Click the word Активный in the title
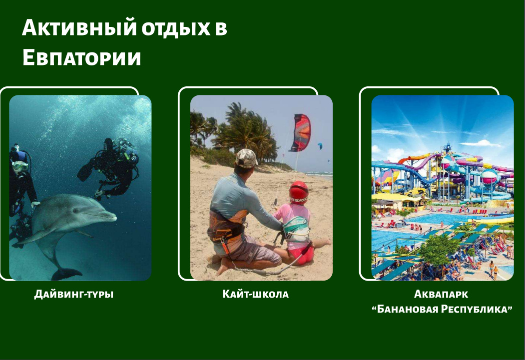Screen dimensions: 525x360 79,27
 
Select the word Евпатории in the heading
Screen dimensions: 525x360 82,57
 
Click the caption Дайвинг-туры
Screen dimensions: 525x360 74,294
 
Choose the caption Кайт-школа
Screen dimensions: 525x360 255,294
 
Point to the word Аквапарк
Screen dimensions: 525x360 441,294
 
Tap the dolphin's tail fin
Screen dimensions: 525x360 66,274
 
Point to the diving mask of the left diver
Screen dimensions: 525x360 20,165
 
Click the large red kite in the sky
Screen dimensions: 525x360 300,132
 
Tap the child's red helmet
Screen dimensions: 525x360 298,192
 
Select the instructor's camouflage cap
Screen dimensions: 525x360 246,158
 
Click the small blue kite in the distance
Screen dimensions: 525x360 320,146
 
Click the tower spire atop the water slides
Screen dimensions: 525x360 447,147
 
